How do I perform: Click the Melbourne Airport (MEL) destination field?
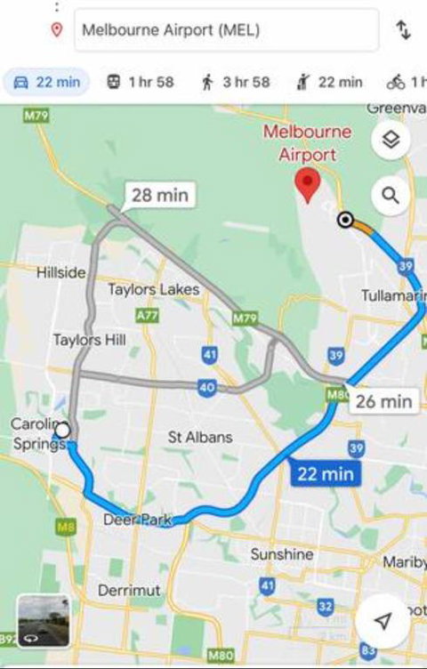pyautogui.click(x=222, y=30)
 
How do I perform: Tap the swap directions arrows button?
pyautogui.click(x=403, y=30)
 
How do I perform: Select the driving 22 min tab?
pyautogui.click(x=47, y=82)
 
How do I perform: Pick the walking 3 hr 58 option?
pyautogui.click(x=235, y=82)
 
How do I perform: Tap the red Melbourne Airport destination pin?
pyautogui.click(x=308, y=185)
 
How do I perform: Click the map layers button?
pyautogui.click(x=391, y=140)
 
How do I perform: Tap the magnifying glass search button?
pyautogui.click(x=391, y=195)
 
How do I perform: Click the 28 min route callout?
pyautogui.click(x=159, y=195)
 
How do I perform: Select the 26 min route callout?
pyautogui.click(x=383, y=401)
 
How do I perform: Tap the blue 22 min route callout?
pyautogui.click(x=326, y=474)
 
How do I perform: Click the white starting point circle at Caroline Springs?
pyautogui.click(x=62, y=431)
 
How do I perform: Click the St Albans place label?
pyautogui.click(x=200, y=437)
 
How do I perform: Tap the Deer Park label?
pyautogui.click(x=137, y=520)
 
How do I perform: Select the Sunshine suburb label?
pyautogui.click(x=281, y=554)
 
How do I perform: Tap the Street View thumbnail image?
pyautogui.click(x=44, y=620)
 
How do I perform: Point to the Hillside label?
pyautogui.click(x=61, y=273)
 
